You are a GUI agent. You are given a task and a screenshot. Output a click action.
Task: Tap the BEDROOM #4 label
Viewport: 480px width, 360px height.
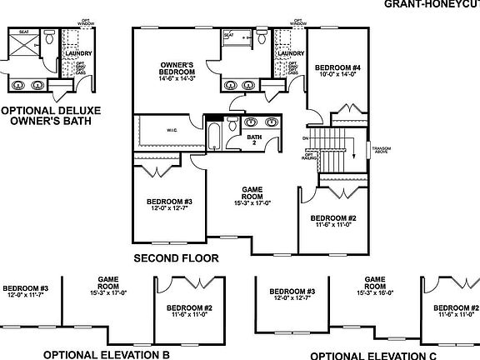click(337, 67)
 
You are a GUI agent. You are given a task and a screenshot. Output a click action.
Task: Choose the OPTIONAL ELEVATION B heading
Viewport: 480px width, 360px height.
click(106, 354)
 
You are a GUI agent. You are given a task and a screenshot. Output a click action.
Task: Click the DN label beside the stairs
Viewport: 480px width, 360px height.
click(305, 137)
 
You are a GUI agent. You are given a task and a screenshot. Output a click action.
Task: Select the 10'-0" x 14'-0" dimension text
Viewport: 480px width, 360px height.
click(337, 73)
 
